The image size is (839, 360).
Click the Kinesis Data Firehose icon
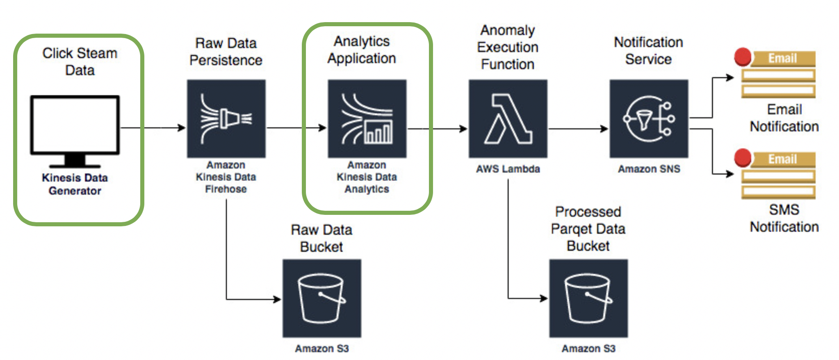click(x=226, y=118)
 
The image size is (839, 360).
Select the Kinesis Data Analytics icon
click(x=367, y=118)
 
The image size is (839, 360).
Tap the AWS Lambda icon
click(x=508, y=118)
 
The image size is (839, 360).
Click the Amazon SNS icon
click(x=649, y=118)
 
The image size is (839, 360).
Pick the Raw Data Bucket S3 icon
click(x=322, y=298)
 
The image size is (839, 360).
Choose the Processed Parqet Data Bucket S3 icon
click(x=588, y=298)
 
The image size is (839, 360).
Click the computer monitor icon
click(x=75, y=132)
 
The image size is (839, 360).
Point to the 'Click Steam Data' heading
click(x=80, y=62)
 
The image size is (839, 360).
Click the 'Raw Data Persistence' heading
click(x=226, y=52)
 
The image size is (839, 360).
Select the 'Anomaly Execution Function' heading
click(x=508, y=47)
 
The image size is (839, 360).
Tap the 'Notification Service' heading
click(x=648, y=50)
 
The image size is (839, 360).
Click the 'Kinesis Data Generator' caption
click(x=75, y=184)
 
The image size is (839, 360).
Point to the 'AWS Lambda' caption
click(x=508, y=169)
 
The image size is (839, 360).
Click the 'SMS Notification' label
click(x=784, y=218)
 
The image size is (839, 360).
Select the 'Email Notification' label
click(x=784, y=118)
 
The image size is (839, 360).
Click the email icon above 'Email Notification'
click(x=775, y=74)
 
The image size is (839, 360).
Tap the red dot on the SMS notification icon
click(x=743, y=158)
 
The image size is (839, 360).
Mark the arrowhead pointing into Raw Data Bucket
click(x=277, y=299)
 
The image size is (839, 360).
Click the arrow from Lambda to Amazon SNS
click(x=578, y=129)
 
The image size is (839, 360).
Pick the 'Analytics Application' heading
click(x=362, y=50)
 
